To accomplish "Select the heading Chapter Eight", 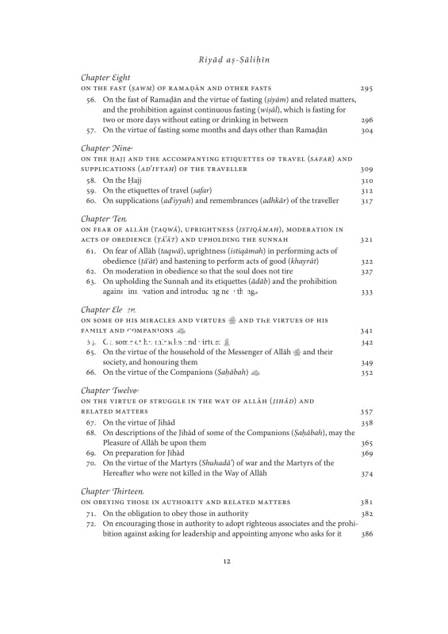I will [x=106, y=77].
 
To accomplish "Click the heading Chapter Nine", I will [x=106, y=148].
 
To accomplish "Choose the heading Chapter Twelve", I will [x=109, y=391].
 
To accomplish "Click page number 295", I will [x=366, y=88].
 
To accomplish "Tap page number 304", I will [x=366, y=130].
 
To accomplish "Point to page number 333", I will [x=366, y=292].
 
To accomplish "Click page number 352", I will [x=366, y=372].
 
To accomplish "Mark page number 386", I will [x=366, y=534].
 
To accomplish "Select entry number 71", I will [x=91, y=514].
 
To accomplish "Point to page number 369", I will [x=366, y=453].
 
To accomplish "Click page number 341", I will [x=366, y=330].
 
